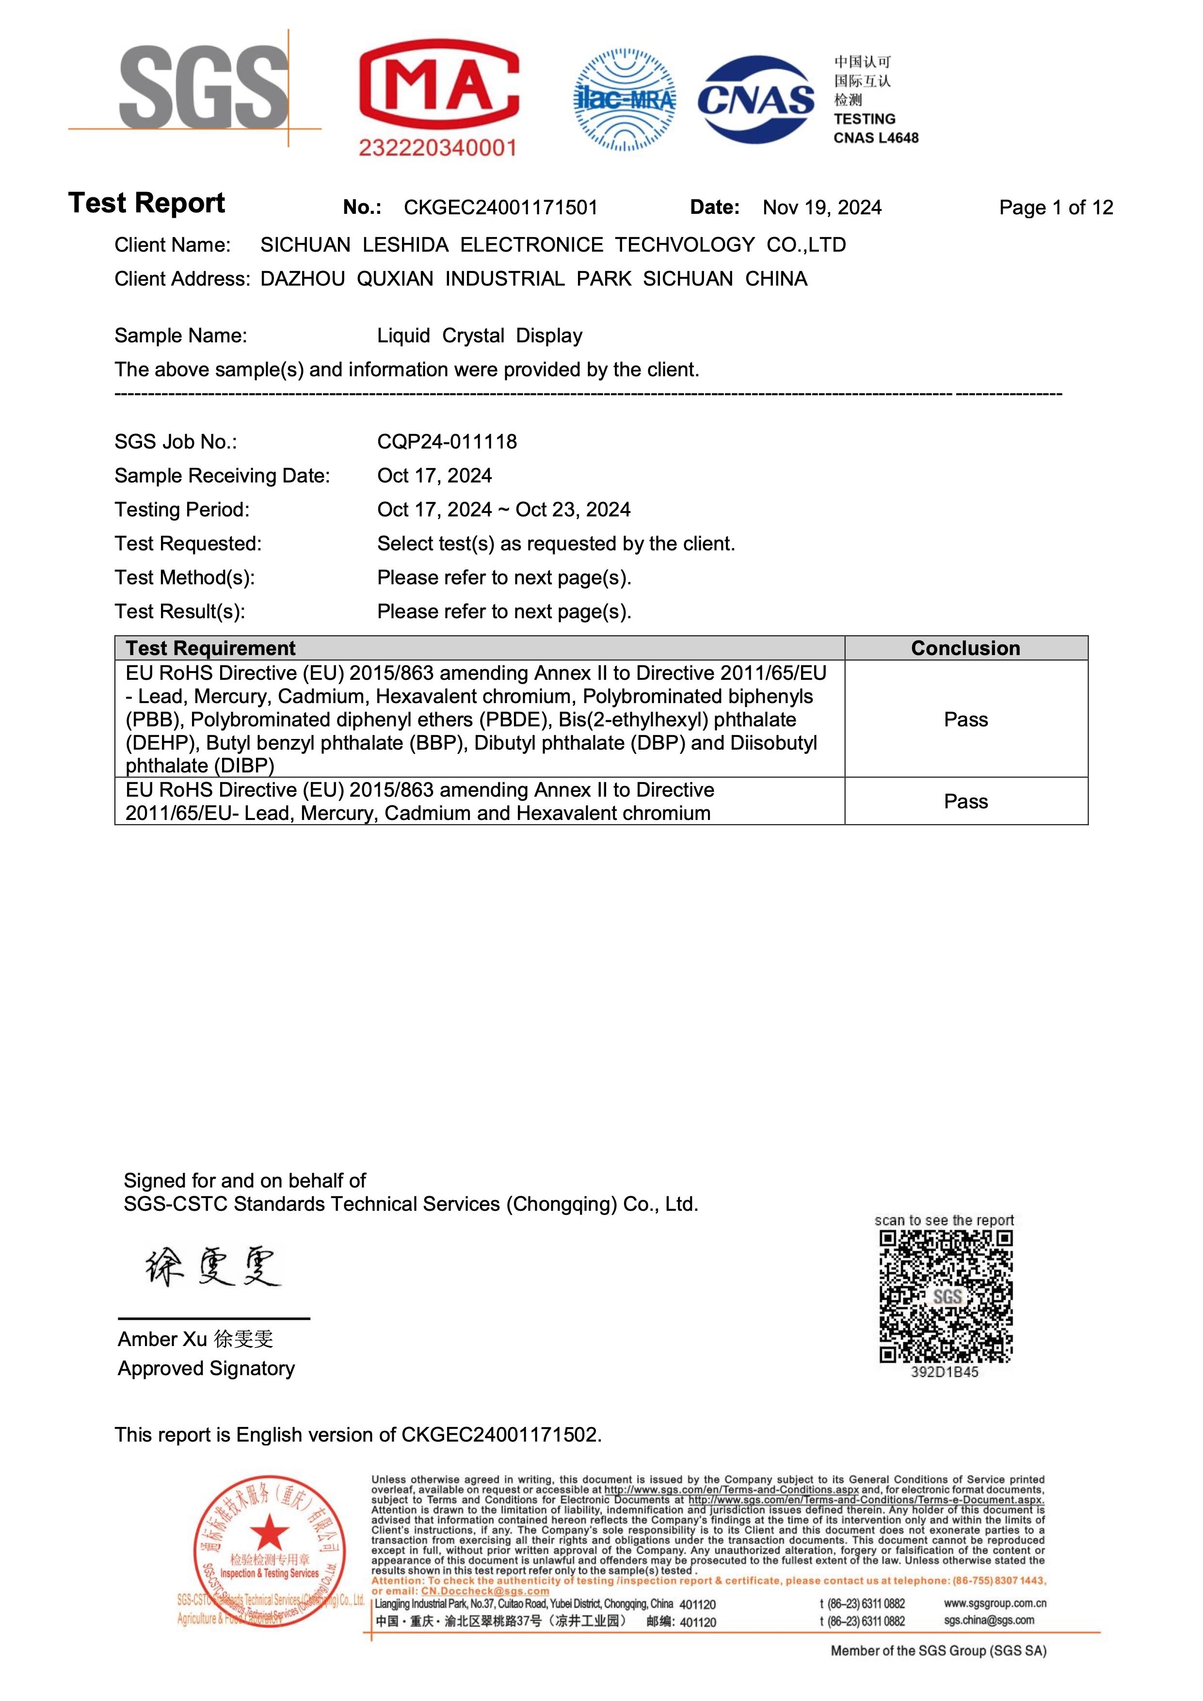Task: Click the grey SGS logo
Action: click(x=203, y=87)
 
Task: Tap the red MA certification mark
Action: click(x=438, y=87)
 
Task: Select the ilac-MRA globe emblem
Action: click(x=625, y=100)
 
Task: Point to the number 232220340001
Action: click(x=437, y=148)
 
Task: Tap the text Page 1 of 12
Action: click(x=1056, y=208)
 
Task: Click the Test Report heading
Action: click(x=146, y=203)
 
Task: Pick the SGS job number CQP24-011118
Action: click(x=447, y=442)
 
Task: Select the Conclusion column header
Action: click(x=965, y=648)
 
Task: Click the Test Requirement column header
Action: click(x=210, y=648)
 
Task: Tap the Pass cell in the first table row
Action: click(x=965, y=720)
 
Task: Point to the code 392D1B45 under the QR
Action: click(x=945, y=1372)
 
